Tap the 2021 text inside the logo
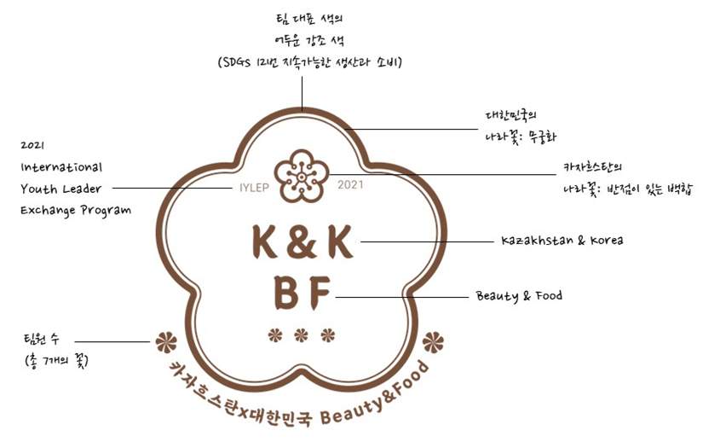pyautogui.click(x=350, y=184)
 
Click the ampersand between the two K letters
pyautogui.click(x=302, y=243)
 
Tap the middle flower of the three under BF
pyautogui.click(x=301, y=334)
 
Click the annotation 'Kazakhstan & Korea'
pyautogui.click(x=562, y=241)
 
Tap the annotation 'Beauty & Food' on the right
pyautogui.click(x=519, y=296)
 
